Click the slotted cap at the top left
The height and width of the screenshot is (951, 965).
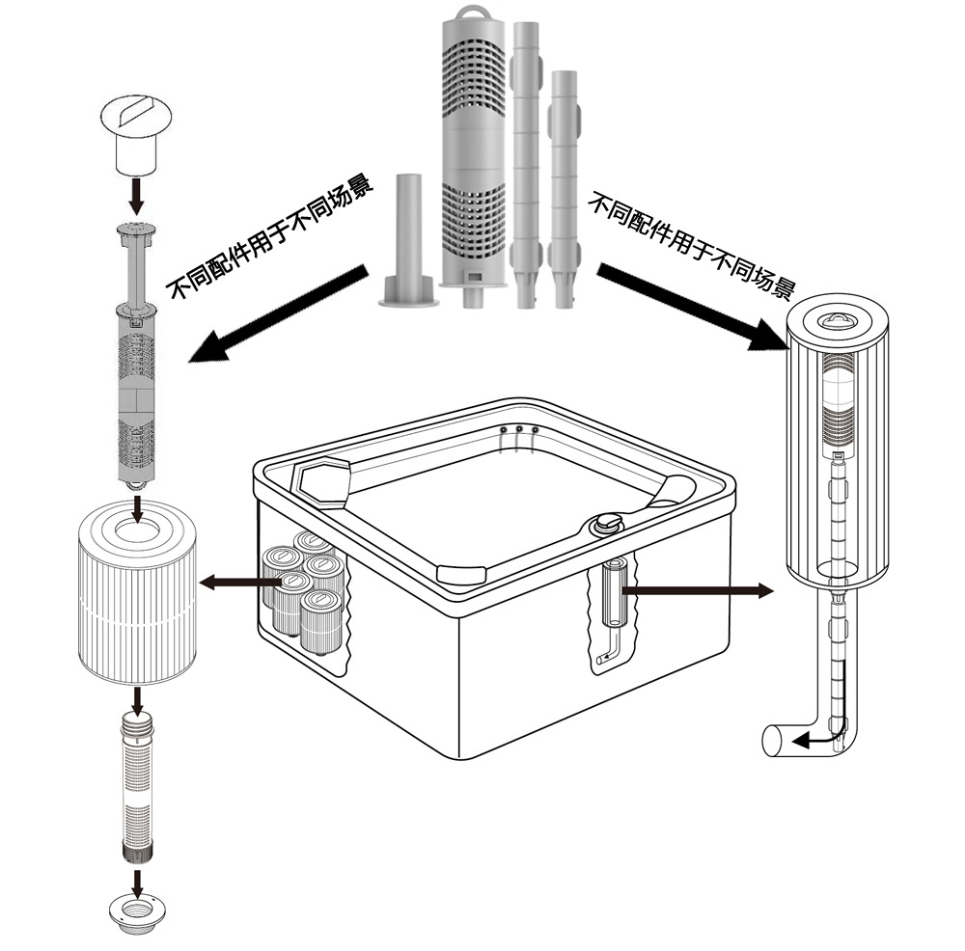coord(136,135)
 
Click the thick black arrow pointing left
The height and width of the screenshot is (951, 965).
coord(278,313)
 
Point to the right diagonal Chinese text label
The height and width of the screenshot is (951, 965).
coord(692,245)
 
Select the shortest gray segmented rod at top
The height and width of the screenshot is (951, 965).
coord(564,189)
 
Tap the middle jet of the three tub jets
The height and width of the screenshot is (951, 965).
coord(519,429)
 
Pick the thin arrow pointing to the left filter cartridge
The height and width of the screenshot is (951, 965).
coord(240,582)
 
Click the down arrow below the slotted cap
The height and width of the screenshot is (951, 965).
coord(137,196)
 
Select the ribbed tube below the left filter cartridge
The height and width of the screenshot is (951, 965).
coord(137,787)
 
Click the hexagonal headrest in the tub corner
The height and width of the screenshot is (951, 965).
coord(322,478)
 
